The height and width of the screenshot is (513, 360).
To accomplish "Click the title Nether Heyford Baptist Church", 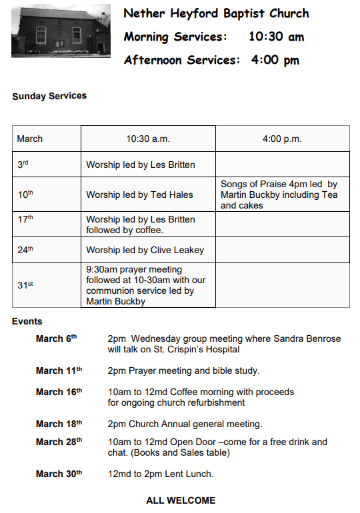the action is point(216,13).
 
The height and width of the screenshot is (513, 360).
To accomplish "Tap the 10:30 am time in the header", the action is point(276,37).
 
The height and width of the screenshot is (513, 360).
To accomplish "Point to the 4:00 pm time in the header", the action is point(275,60).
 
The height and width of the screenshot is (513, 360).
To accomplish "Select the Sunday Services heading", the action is point(49,96).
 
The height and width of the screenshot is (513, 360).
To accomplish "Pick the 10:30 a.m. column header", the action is point(148,139).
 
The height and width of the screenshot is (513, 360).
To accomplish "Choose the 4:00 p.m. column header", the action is point(282,139).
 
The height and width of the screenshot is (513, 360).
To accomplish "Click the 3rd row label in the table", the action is point(23,164).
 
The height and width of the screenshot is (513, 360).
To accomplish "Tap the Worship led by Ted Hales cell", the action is point(139,195).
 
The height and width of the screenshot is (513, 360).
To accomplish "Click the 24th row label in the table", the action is point(25,250).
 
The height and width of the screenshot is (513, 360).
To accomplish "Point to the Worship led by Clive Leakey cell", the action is point(145,250).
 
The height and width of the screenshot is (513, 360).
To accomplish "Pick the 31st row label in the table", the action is point(25,284).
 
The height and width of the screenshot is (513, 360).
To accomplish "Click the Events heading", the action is point(27,321).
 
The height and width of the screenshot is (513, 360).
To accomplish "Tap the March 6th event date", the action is point(57,338).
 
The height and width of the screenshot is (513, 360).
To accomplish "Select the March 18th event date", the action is point(59,424).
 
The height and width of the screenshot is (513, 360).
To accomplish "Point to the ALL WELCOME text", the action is point(181,500).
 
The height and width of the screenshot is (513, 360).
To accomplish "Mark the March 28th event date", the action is point(59,442).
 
